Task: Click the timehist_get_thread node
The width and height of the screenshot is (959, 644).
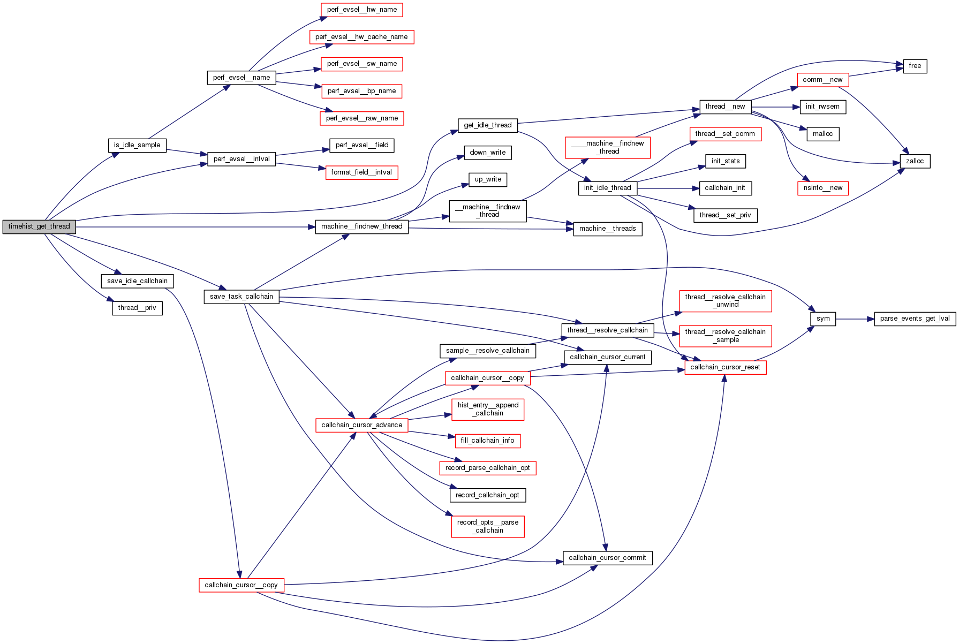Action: coord(39,226)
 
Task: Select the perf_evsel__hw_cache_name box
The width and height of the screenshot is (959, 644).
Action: coord(361,37)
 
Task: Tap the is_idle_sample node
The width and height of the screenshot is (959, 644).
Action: coord(137,145)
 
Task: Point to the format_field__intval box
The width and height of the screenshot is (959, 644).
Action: coord(361,172)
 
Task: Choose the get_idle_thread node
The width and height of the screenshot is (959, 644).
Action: coord(488,125)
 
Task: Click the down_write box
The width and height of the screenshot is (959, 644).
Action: coord(488,153)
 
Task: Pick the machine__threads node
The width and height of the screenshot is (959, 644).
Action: coord(607,229)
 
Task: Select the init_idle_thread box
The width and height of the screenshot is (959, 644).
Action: coord(607,188)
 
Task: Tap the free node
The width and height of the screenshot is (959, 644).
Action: coord(915,66)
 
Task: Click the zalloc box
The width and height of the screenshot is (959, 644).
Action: coord(915,161)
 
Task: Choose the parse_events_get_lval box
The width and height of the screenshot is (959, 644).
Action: coord(915,319)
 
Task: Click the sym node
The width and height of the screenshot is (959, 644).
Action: coord(823,319)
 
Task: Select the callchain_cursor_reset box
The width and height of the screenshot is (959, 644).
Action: coord(725,367)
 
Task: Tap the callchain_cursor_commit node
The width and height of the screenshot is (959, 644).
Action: coord(607,558)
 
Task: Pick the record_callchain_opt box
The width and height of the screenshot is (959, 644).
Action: coord(487,495)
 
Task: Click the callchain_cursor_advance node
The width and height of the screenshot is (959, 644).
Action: coord(361,425)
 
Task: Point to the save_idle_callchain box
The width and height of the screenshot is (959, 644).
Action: coord(137,281)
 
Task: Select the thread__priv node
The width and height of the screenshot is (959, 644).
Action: coord(137,308)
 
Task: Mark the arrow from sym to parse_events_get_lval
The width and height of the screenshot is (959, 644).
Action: coord(855,319)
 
